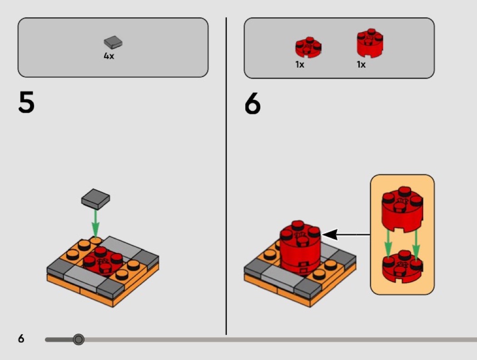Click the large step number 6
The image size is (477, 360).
click(x=253, y=104)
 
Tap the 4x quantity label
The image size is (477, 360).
click(x=109, y=57)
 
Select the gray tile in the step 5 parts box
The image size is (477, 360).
click(x=113, y=43)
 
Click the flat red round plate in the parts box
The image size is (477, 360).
click(x=308, y=47)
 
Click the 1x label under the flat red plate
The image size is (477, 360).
click(x=300, y=64)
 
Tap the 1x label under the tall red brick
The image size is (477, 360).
click(x=361, y=64)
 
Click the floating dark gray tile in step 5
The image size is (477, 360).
click(x=95, y=199)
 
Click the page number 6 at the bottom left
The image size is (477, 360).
click(x=21, y=339)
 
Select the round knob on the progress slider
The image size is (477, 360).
click(x=79, y=339)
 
